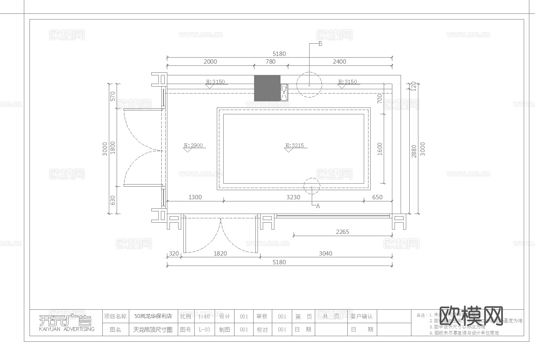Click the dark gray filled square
click(267, 88)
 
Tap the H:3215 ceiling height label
click(294, 146)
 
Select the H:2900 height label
click(193, 146)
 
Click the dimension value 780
click(270, 62)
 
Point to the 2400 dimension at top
click(339, 62)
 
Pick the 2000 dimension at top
click(210, 62)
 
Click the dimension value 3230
click(293, 197)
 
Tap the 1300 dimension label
click(195, 197)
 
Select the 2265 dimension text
click(342, 232)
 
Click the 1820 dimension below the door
click(220, 253)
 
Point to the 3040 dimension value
click(326, 253)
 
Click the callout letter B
click(320, 44)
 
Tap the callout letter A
click(318, 206)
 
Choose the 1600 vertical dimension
click(380, 149)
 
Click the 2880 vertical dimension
click(414, 151)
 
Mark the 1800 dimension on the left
click(113, 147)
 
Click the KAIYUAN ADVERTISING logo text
click(66, 329)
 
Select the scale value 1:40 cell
click(204, 317)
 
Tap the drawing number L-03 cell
click(204, 330)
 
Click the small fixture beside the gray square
click(284, 92)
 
